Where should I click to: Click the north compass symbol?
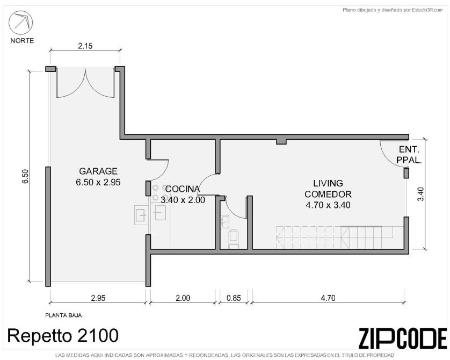tap(20, 22)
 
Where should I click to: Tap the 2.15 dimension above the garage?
tap(85, 46)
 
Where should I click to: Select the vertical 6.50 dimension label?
tap(26, 177)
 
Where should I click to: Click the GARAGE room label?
tap(98, 171)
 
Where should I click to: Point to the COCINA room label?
tap(183, 189)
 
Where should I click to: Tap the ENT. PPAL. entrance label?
tap(409, 155)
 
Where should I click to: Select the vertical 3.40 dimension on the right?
tap(420, 194)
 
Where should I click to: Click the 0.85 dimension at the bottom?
tap(234, 298)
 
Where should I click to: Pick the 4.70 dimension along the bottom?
tap(328, 298)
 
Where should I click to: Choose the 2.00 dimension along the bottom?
tap(183, 298)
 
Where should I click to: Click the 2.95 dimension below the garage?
tap(98, 298)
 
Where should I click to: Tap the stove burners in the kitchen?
tap(156, 192)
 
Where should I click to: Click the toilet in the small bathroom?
tap(233, 238)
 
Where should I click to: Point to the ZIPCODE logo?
tap(403, 338)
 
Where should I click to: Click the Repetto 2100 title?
tap(63, 335)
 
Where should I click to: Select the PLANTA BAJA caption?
tap(63, 315)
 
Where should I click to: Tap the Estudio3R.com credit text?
tap(393, 10)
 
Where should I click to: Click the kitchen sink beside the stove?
tap(160, 213)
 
